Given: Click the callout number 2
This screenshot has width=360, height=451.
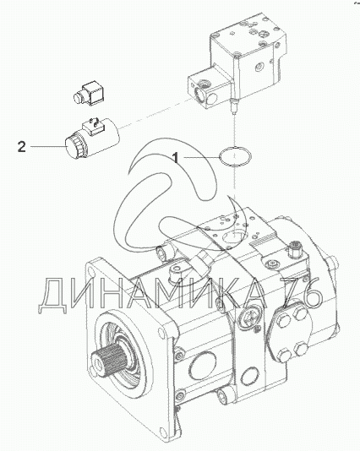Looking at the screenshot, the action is (22, 147).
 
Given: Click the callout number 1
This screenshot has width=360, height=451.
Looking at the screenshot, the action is (176, 158).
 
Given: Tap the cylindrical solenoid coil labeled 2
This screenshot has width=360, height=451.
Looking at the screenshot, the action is (92, 139).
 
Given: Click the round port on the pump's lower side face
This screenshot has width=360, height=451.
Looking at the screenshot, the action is (202, 367).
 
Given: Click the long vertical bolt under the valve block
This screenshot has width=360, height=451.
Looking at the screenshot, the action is (234, 84).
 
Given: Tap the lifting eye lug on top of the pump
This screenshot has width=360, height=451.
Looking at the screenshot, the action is (180, 272).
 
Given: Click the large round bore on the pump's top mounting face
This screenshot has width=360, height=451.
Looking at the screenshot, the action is (236, 238).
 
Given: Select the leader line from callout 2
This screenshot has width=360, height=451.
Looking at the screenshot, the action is (48, 147).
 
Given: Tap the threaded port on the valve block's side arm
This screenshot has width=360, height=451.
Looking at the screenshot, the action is (206, 84).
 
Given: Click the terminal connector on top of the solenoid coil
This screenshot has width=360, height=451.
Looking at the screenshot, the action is (92, 125).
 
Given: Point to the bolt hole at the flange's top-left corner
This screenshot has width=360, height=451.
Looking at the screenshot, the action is (91, 272).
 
